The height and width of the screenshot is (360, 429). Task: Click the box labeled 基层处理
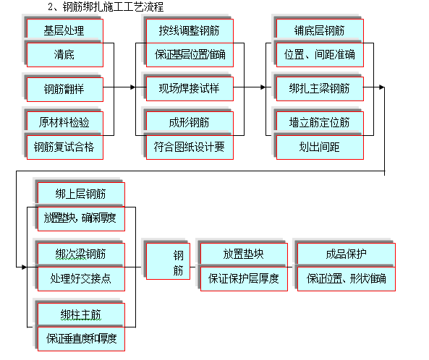(x=64, y=30)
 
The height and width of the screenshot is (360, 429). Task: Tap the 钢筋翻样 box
(x=64, y=90)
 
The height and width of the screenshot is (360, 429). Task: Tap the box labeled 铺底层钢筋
(x=319, y=30)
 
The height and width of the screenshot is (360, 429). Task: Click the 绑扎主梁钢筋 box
(x=319, y=90)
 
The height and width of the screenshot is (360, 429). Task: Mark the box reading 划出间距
(x=319, y=147)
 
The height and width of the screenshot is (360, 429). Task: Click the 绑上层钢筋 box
(x=80, y=194)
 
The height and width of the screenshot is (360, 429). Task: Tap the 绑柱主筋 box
(x=80, y=314)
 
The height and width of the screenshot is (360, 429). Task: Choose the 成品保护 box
(x=346, y=254)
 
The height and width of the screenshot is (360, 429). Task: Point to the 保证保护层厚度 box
(x=243, y=278)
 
